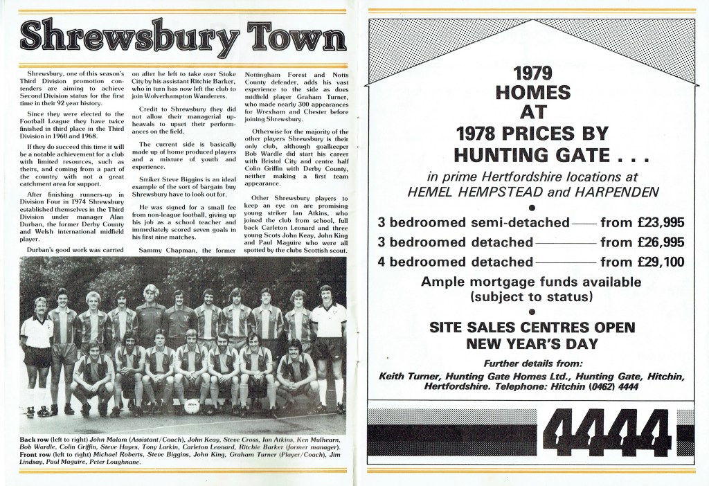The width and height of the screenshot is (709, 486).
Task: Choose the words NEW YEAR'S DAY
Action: pyautogui.click(x=532, y=343)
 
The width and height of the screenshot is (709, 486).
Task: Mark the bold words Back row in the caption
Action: pyautogui.click(x=36, y=441)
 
